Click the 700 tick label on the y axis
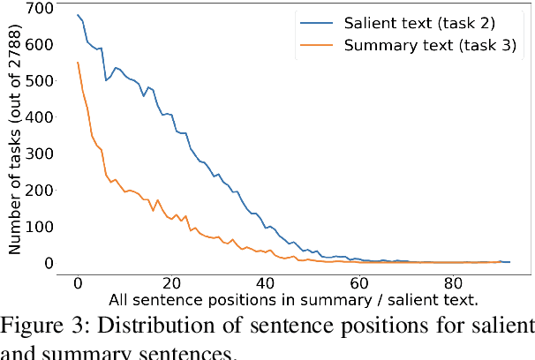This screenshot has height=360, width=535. point(41,8)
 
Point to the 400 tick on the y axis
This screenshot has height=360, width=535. point(41,116)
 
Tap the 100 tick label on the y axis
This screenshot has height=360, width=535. point(41,226)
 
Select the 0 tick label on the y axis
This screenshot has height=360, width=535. point(50,262)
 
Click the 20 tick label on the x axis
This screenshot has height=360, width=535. point(171,283)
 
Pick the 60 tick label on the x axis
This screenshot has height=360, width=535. point(359,283)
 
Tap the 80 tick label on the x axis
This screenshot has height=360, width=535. point(453,283)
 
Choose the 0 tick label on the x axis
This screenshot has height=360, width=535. point(78,283)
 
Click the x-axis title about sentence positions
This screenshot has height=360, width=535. point(294,300)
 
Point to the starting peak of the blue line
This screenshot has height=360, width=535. point(78,15)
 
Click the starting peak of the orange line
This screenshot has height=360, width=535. point(78,62)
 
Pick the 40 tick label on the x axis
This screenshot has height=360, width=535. point(265,283)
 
